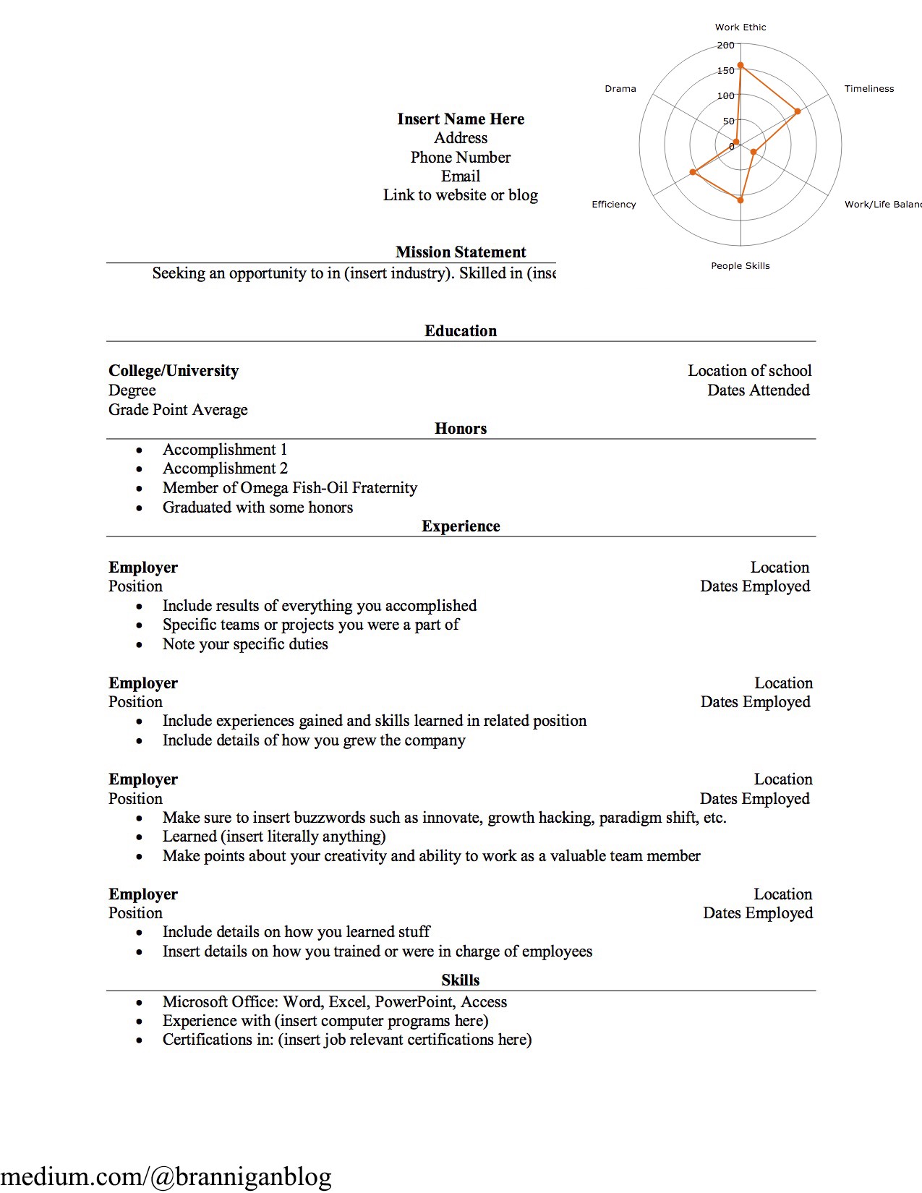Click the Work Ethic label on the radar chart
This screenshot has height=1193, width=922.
pyautogui.click(x=740, y=27)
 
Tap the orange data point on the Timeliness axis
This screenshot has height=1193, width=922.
pyautogui.click(x=798, y=111)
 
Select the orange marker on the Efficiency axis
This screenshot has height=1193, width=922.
pyautogui.click(x=693, y=172)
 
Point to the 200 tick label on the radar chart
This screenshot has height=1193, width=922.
pyautogui.click(x=725, y=46)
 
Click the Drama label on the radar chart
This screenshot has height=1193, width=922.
pyautogui.click(x=620, y=89)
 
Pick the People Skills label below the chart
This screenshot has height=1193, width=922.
pyautogui.click(x=740, y=266)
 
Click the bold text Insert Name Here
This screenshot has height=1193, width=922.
pyautogui.click(x=461, y=119)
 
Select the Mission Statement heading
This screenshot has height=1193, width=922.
pyautogui.click(x=461, y=252)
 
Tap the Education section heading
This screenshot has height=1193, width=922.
pyautogui.click(x=461, y=331)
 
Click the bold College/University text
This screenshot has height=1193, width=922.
pyautogui.click(x=174, y=371)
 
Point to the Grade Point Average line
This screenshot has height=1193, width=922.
pyautogui.click(x=178, y=410)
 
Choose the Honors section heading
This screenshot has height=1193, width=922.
pyautogui.click(x=461, y=429)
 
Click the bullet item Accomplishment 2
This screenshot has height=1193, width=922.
pyautogui.click(x=225, y=469)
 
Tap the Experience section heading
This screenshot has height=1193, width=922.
pyautogui.click(x=461, y=526)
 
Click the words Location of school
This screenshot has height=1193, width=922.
pyautogui.click(x=749, y=371)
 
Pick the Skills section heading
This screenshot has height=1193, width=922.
pyautogui.click(x=461, y=980)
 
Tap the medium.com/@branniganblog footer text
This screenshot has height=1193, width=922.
pyautogui.click(x=166, y=1176)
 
